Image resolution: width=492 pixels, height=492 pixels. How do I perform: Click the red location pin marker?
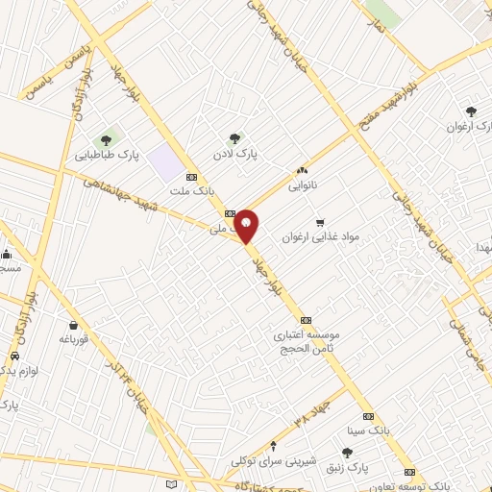point(247,226)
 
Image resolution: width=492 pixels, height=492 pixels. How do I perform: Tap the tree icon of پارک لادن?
point(234,138)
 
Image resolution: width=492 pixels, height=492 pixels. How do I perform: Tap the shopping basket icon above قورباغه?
point(73,324)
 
